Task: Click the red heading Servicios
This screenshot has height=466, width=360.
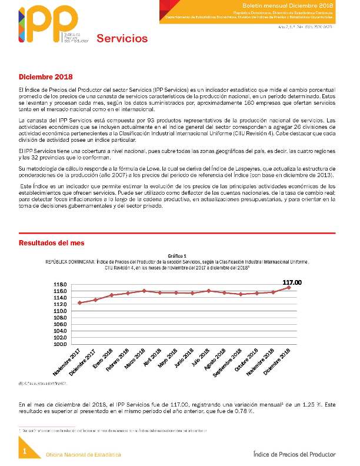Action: (122, 39)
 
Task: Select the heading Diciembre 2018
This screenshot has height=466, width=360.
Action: (45, 77)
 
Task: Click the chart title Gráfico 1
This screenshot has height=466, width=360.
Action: (177, 256)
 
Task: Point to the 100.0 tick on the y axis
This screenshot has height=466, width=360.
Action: (61, 344)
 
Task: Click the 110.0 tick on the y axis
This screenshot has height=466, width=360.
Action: (61, 311)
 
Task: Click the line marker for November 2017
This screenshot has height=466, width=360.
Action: (79, 302)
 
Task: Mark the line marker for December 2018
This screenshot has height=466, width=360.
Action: (289, 287)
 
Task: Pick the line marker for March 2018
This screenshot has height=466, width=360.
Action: (144, 291)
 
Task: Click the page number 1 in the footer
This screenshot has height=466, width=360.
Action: (25, 451)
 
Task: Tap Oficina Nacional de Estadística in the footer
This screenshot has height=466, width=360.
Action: (84, 455)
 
